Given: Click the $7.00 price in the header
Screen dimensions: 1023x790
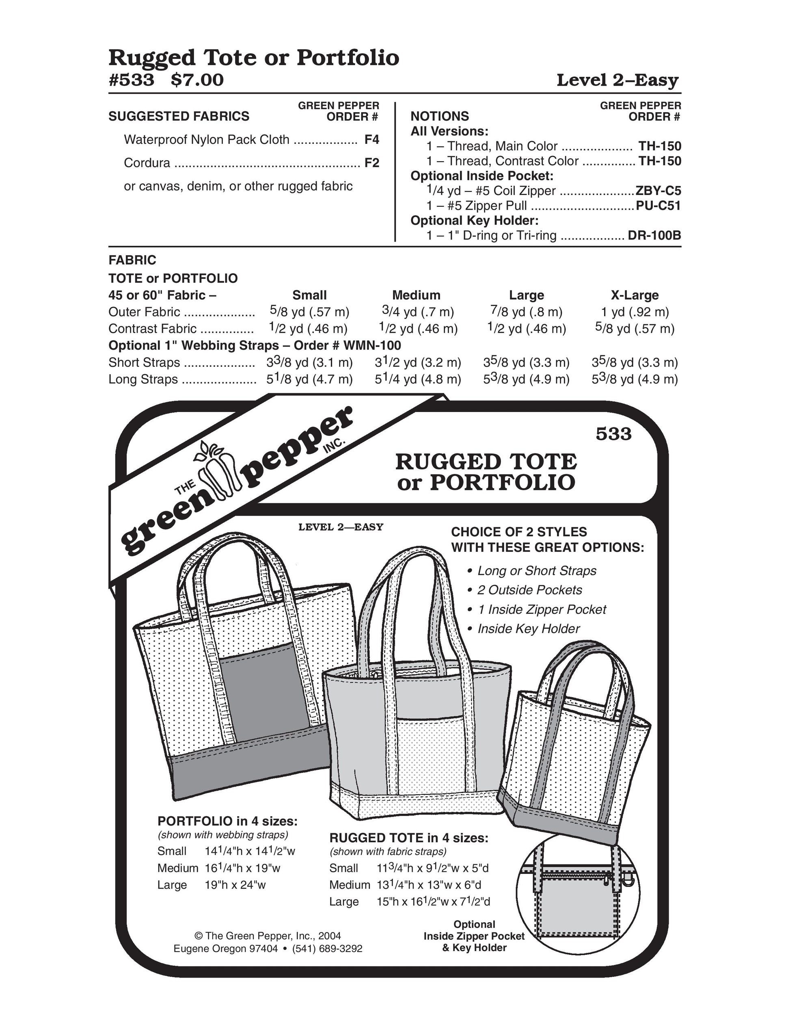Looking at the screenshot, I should point(197,80).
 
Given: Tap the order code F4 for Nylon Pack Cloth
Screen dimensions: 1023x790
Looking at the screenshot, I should point(371,140).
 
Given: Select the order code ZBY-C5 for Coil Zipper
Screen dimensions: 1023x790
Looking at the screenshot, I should point(658,191).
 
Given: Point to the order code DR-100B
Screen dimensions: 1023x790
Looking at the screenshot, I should point(654,235).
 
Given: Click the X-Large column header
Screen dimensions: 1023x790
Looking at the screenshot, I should point(634,295).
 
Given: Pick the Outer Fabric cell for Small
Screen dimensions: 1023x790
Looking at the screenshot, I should point(309,312).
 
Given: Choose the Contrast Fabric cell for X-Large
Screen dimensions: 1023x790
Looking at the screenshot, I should point(634,328).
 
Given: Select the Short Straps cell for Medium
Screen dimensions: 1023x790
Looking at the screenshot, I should point(417,362).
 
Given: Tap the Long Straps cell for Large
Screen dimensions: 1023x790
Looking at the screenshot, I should point(526,379).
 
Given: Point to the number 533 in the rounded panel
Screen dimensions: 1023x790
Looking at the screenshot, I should point(613,434).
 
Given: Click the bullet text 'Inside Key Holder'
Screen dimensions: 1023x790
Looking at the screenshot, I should point(529,629).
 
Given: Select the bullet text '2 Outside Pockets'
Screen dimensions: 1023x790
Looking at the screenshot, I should point(529,590).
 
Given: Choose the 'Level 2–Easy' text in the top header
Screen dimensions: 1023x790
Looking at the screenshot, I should point(617,80).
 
